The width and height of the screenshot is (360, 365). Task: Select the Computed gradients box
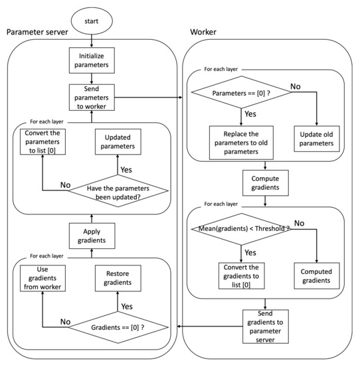316,275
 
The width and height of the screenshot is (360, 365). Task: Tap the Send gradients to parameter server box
265,325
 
